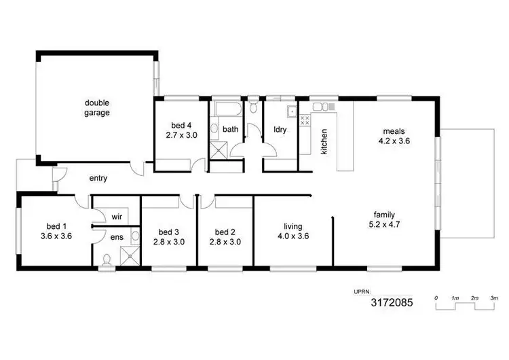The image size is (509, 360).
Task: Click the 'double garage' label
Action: [97, 108]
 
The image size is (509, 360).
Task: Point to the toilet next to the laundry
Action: [252, 107]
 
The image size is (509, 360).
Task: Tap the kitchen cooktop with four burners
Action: [305, 120]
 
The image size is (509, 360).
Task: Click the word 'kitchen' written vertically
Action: [324, 141]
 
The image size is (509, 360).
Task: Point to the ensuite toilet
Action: [107, 259]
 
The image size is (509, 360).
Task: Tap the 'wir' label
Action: [117, 217]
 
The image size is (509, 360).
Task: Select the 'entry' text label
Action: [98, 179]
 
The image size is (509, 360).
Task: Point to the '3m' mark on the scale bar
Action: [494, 298]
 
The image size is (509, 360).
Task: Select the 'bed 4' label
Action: [181, 126]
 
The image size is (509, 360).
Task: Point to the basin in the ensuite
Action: [135, 236]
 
